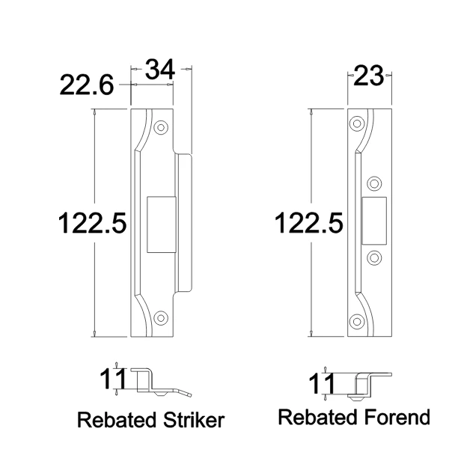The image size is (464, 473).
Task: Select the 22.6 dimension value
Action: (x=86, y=87)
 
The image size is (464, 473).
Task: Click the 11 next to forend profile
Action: (x=323, y=385)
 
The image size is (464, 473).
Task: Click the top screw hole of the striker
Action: (x=160, y=128)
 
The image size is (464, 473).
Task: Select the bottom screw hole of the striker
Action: (x=160, y=318)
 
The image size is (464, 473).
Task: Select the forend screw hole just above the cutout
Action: (x=374, y=183)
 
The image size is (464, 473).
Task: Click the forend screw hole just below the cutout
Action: (x=374, y=257)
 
